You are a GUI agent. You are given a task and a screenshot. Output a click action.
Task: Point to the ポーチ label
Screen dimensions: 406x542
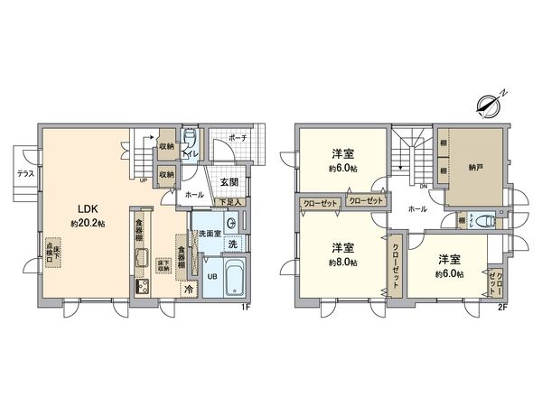(238, 138)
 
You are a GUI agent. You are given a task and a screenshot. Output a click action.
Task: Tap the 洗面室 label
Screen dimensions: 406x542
(210, 233)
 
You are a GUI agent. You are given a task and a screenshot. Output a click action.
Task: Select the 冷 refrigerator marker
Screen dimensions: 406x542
(188, 291)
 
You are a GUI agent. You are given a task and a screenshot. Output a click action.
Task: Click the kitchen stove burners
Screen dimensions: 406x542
(144, 288)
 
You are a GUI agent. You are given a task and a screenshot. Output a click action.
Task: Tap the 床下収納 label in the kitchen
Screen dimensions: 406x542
(163, 264)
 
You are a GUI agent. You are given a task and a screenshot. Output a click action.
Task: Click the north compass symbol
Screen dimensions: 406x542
(489, 104)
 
